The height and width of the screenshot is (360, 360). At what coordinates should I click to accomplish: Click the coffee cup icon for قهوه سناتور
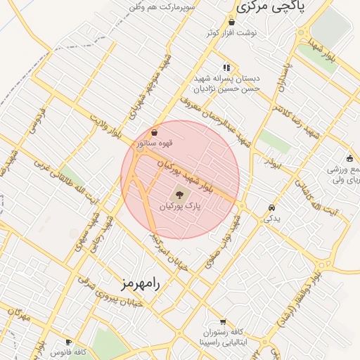click(x=155, y=132)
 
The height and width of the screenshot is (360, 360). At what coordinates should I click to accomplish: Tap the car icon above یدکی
click(x=271, y=208)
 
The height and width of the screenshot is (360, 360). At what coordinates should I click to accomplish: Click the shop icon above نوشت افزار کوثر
click(x=231, y=22)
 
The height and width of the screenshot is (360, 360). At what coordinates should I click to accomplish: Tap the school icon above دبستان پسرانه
click(x=226, y=67)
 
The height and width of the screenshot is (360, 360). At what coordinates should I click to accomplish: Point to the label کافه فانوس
click(x=70, y=351)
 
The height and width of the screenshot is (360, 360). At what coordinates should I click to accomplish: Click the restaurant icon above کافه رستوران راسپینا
click(x=222, y=321)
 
